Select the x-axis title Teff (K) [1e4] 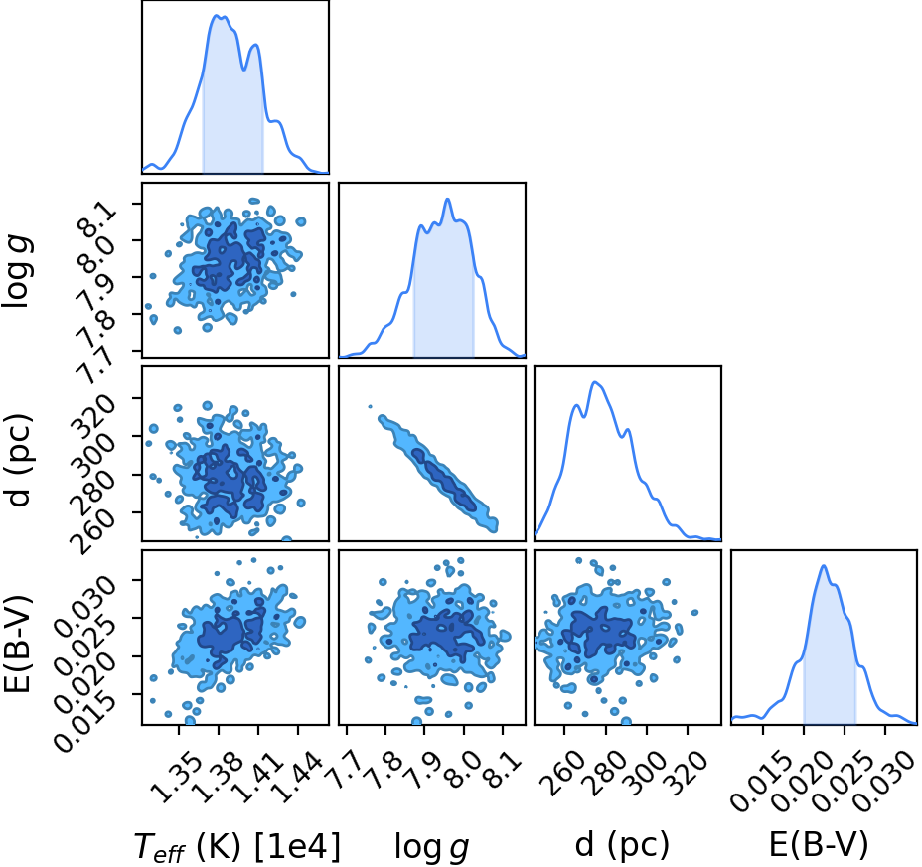(x=237, y=847)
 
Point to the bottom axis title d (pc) (x=622, y=846)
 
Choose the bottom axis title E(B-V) (x=819, y=846)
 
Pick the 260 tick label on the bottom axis (x=562, y=774)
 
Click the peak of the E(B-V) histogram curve (x=824, y=565)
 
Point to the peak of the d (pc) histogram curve (x=596, y=382)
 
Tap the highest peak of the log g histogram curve (x=448, y=200)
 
